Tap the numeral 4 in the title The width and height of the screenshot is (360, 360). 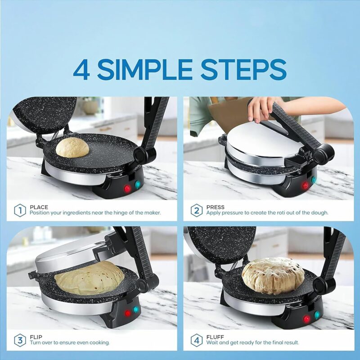tap(81, 69)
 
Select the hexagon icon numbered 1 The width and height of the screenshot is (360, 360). tap(19, 210)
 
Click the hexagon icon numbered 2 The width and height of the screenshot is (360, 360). tap(196, 210)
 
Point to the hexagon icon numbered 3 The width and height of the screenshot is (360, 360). tap(19, 340)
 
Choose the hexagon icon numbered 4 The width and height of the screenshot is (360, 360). tap(196, 340)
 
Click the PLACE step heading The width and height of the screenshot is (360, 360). tap(39, 207)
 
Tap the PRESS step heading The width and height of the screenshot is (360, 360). tap(215, 207)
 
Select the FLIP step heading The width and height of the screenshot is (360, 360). tap(36, 337)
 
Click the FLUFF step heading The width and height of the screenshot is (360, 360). tap(215, 337)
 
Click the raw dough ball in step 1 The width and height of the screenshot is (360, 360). tap(72, 147)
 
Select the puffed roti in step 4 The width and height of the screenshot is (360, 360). tap(273, 275)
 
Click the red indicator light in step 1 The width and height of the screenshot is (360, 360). tap(127, 188)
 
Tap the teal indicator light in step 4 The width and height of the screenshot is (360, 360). tap(317, 315)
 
